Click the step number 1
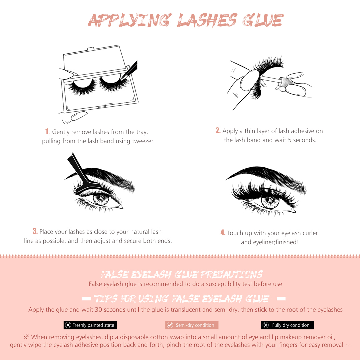(47, 131)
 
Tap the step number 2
(218, 130)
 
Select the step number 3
(35, 231)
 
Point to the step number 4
(223, 232)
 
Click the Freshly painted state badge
(90, 325)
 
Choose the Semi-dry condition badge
(192, 325)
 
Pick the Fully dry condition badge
(288, 325)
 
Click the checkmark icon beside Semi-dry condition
(170, 325)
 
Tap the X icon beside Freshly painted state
(68, 325)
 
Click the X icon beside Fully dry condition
(266, 325)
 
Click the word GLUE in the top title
(263, 20)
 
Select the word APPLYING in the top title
(130, 20)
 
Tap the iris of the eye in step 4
(270, 202)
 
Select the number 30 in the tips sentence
(98, 310)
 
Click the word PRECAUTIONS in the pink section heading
(231, 274)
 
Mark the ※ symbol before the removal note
(26, 337)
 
